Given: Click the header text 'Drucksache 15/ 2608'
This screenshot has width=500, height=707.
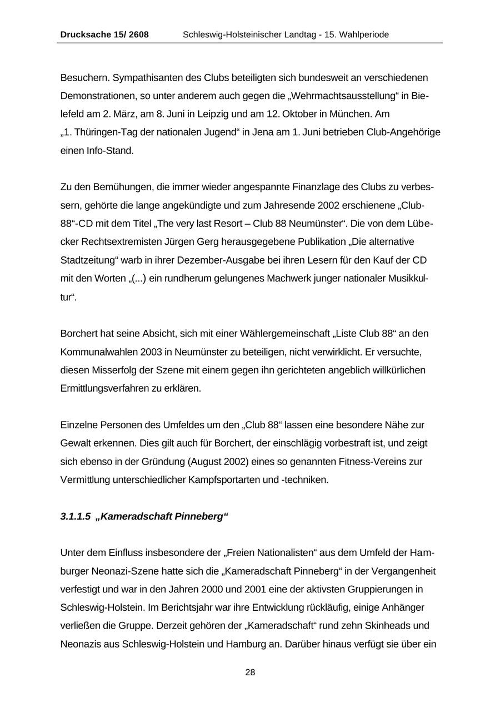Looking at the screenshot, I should (x=104, y=34).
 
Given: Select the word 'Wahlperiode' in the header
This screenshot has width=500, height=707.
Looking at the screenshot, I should (x=365, y=34).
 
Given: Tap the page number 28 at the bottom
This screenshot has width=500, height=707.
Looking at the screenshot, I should (x=250, y=673).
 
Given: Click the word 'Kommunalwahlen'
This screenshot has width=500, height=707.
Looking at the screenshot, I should (x=96, y=352).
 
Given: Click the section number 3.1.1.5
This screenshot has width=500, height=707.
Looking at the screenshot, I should (x=76, y=516).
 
